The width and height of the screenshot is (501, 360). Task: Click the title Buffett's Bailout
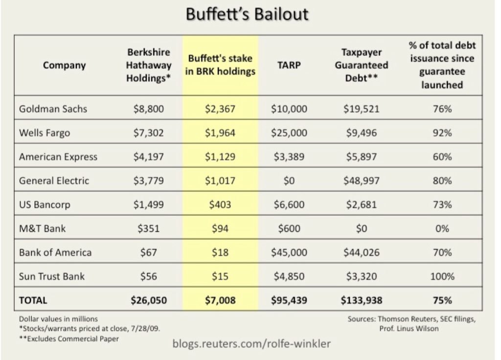coord(248,14)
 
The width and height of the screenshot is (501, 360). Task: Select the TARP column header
coord(289,65)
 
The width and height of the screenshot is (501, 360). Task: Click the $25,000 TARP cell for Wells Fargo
coord(289,133)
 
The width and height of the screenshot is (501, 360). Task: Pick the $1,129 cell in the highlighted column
coord(220,157)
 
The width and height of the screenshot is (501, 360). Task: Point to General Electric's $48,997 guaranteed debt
coord(362,180)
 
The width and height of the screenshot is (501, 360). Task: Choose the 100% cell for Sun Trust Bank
coord(442,276)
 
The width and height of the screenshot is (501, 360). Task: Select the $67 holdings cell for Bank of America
coord(149,252)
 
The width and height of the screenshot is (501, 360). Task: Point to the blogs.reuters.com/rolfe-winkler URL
coord(251,344)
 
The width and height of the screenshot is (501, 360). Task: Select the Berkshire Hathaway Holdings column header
coord(149,65)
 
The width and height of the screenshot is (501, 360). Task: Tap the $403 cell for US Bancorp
coord(220,204)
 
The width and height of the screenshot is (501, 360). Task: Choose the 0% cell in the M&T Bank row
coord(442,228)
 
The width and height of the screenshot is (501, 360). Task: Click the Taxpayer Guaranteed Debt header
coord(362,65)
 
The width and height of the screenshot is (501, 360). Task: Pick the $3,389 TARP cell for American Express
coord(289,157)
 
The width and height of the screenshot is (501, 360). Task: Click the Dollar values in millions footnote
coord(55,319)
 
